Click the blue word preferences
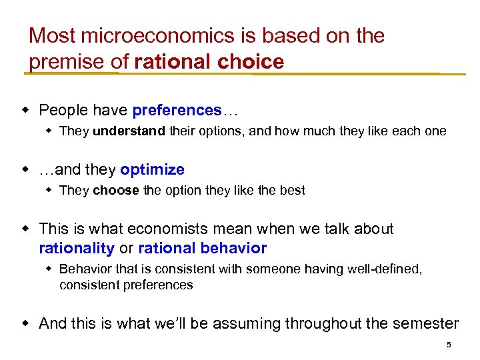pos(177,110)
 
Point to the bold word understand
pos(129,131)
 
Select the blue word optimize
pos(152,169)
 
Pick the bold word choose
pos(116,190)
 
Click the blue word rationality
pos(77,249)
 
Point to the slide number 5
pos(449,345)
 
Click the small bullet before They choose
pos(49,190)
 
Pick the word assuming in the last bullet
pos(251,324)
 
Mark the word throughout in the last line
pos(322,323)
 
